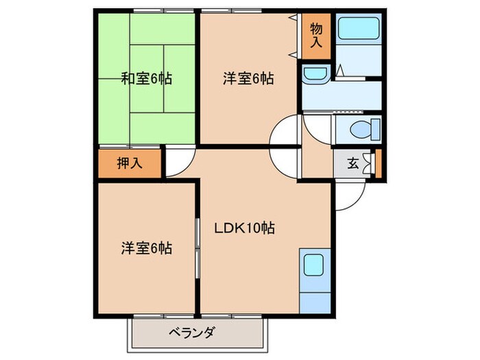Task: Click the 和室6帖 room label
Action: [146, 78]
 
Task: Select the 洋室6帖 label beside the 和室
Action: [248, 78]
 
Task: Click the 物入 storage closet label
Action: [315, 35]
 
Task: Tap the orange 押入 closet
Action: [130, 163]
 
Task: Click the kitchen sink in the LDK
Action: [315, 264]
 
